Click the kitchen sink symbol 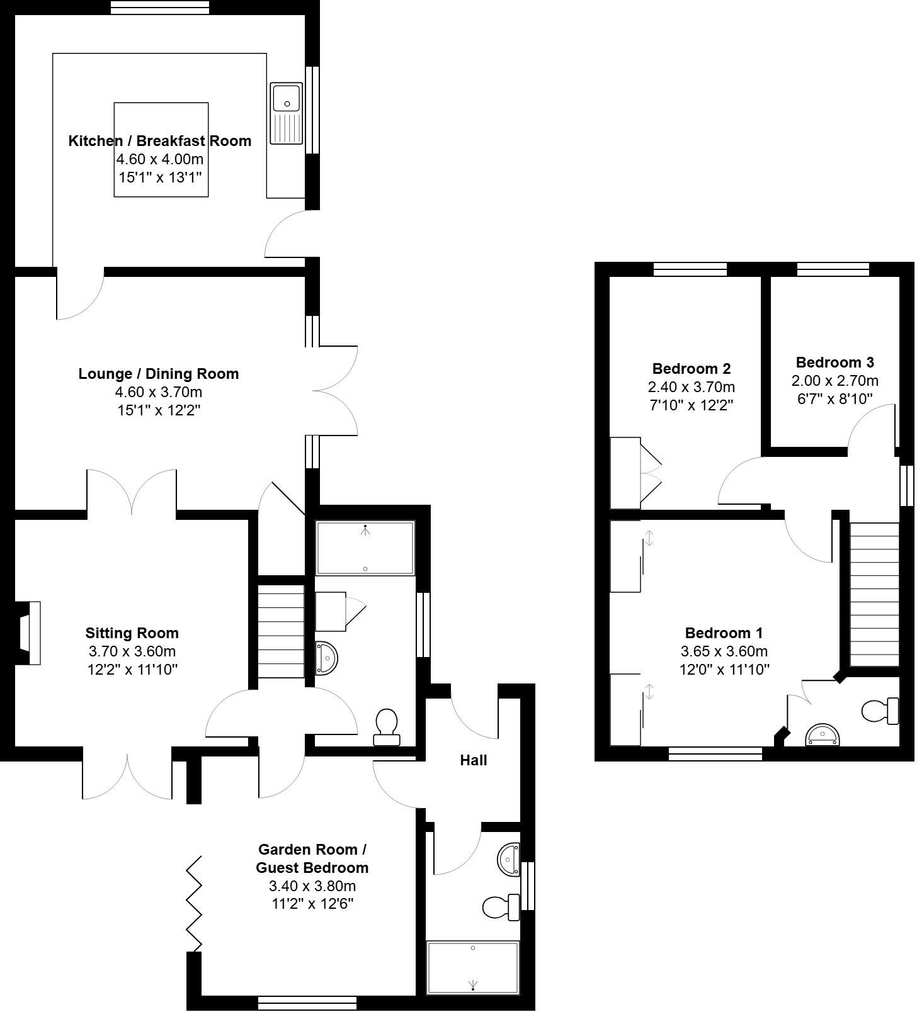[287, 113]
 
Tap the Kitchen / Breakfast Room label [159, 141]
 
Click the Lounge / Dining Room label [158, 374]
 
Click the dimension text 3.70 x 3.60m [132, 651]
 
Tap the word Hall [473, 761]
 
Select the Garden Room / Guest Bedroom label [312, 858]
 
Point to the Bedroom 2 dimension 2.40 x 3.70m [691, 387]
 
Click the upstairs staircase [874, 595]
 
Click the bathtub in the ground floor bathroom [365, 548]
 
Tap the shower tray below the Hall [472, 967]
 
